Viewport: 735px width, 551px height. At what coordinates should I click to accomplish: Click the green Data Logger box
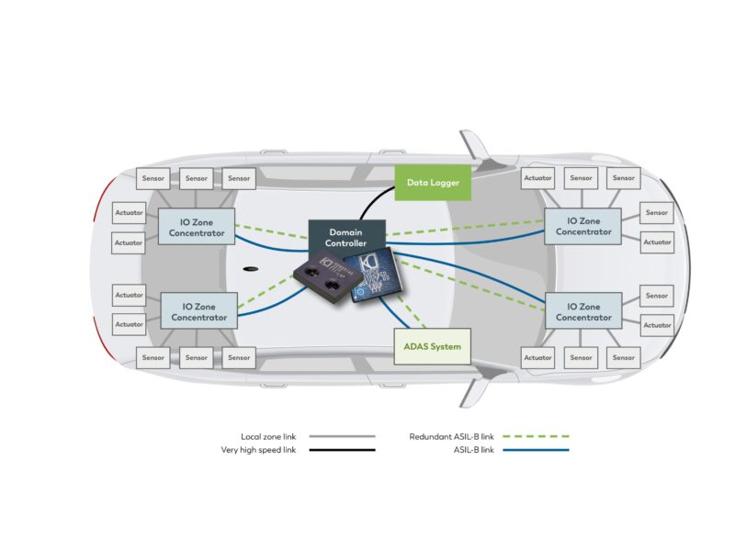[433, 183]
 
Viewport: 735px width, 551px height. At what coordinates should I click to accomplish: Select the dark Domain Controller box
[346, 236]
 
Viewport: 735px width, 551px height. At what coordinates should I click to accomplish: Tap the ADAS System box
[432, 347]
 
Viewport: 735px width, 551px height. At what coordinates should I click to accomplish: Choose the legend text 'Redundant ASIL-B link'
[451, 437]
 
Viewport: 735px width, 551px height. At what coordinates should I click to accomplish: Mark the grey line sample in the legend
[342, 437]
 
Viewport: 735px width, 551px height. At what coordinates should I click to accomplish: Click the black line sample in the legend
[342, 451]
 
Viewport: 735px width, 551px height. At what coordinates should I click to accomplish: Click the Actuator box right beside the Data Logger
[537, 178]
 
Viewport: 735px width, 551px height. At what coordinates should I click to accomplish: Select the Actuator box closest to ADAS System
[537, 357]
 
